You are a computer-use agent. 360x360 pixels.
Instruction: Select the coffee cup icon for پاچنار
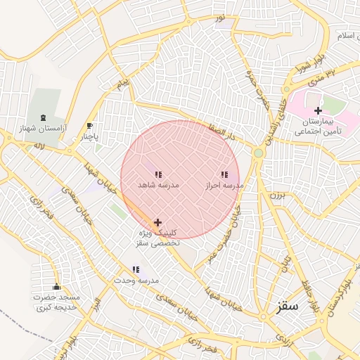pyautogui.click(x=89, y=126)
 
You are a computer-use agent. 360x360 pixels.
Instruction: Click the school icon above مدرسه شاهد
pyautogui.click(x=158, y=174)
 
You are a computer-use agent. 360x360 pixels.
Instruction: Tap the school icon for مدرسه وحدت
pyautogui.click(x=136, y=269)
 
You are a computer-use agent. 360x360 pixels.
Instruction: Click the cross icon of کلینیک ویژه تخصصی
pyautogui.click(x=157, y=222)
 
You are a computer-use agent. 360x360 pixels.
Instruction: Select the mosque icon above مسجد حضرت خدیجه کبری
pyautogui.click(x=56, y=286)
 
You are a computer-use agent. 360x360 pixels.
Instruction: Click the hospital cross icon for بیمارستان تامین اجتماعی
pyautogui.click(x=318, y=110)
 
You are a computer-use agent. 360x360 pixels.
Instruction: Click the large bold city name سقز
pyautogui.click(x=288, y=306)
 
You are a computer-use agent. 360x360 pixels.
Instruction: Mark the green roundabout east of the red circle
pyautogui.click(x=259, y=153)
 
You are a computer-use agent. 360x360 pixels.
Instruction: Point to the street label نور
pyautogui.click(x=220, y=15)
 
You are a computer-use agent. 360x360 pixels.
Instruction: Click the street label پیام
pyautogui.click(x=123, y=84)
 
